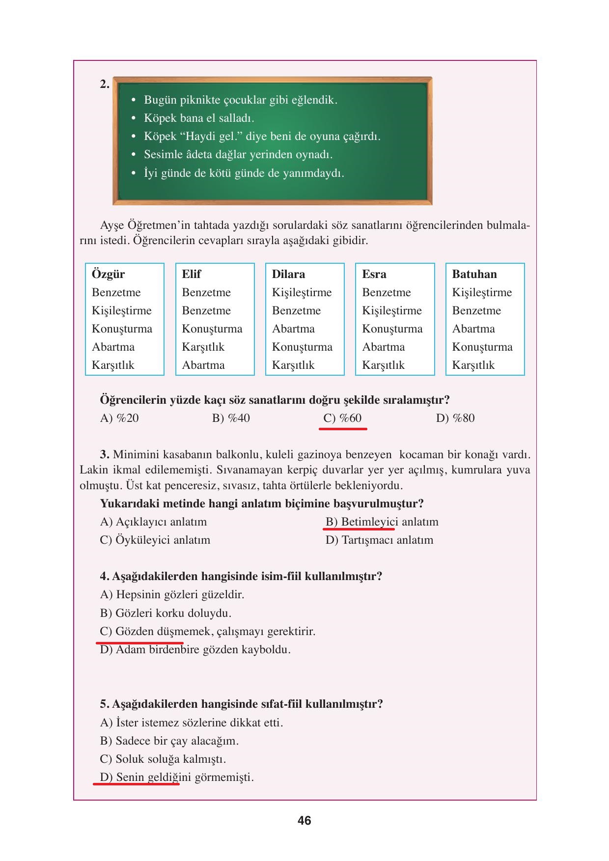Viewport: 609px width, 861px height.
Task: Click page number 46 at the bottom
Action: pyautogui.click(x=304, y=821)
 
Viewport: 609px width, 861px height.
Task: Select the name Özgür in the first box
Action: pyautogui.click(x=108, y=274)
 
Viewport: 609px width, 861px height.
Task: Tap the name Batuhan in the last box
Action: pyautogui.click(x=474, y=274)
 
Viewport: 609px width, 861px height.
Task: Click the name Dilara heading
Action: pyautogui.click(x=288, y=274)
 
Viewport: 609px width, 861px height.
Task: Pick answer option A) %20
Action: pyautogui.click(x=119, y=418)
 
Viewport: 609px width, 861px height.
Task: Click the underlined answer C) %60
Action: pyautogui.click(x=342, y=418)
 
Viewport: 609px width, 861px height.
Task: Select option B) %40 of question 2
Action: pyautogui.click(x=231, y=418)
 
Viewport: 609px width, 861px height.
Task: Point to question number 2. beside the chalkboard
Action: pyautogui.click(x=105, y=84)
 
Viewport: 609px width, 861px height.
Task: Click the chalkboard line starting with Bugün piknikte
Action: pyautogui.click(x=240, y=100)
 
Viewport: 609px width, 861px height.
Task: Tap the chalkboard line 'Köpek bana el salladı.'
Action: pyautogui.click(x=199, y=118)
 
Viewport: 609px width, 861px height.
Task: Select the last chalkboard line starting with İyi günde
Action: pyautogui.click(x=244, y=173)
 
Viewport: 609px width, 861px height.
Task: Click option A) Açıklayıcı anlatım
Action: pyautogui.click(x=153, y=522)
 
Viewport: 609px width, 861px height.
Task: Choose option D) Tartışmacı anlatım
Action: pyautogui.click(x=379, y=540)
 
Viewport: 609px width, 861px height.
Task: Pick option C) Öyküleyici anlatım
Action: pyautogui.click(x=155, y=540)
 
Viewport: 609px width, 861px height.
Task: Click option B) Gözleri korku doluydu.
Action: pyautogui.click(x=166, y=613)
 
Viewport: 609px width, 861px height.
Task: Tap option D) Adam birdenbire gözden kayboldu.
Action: pyautogui.click(x=195, y=649)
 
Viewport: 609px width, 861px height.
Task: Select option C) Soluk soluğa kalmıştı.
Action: pyautogui.click(x=163, y=759)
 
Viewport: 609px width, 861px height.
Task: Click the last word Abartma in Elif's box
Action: pyautogui.click(x=203, y=365)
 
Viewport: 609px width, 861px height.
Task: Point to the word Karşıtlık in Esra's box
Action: pyautogui.click(x=383, y=365)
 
